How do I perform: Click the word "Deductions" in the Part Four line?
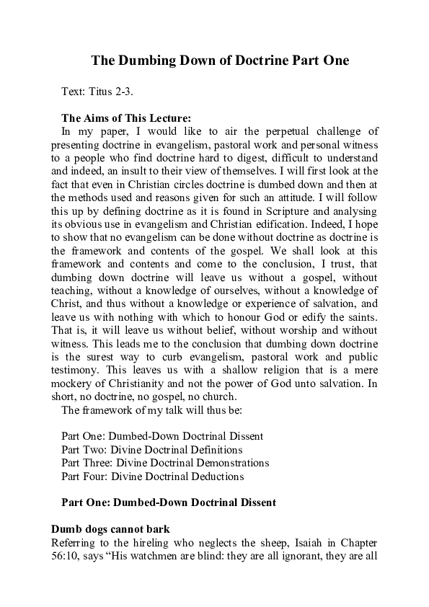click(213, 475)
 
